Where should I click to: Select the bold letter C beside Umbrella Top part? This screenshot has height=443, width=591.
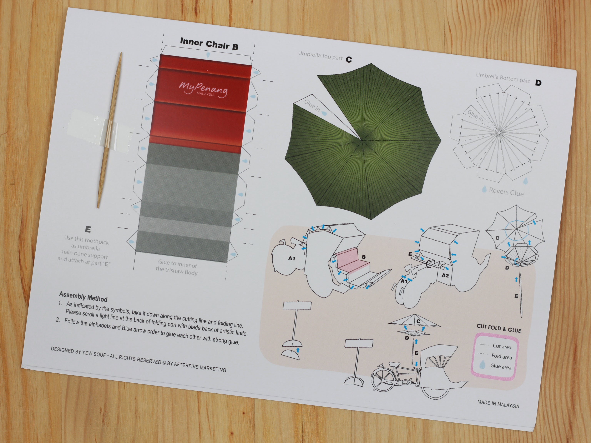(x=349, y=60)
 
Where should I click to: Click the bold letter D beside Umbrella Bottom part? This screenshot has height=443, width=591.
(x=538, y=83)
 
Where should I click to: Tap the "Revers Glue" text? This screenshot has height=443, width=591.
(x=506, y=192)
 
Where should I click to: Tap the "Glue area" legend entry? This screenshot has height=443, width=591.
(x=500, y=366)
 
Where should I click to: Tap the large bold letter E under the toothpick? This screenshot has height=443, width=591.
(x=88, y=229)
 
